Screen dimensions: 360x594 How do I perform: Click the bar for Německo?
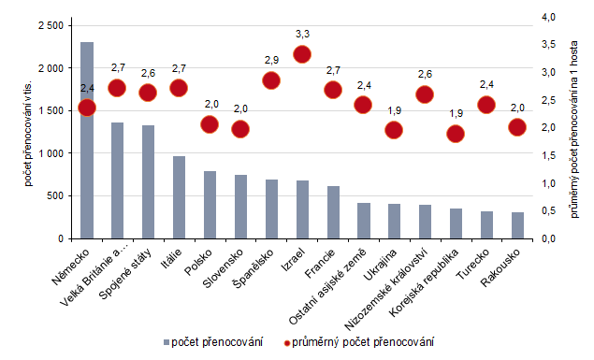[87, 140]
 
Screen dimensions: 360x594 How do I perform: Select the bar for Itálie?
[179, 197]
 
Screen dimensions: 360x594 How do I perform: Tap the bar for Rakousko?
[517, 225]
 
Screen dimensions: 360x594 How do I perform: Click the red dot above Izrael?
[302, 54]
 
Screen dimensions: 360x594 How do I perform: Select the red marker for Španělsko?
[271, 79]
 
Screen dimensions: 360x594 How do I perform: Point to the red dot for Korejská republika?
[456, 133]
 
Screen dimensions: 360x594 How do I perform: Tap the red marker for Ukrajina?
[394, 130]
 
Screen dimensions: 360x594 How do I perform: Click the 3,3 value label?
[302, 34]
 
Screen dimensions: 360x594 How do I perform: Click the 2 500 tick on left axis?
[51, 25]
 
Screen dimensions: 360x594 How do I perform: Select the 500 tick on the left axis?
[57, 195]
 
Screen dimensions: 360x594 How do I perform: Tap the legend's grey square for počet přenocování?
[166, 342]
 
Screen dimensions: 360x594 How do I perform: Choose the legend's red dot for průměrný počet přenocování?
[287, 342]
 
